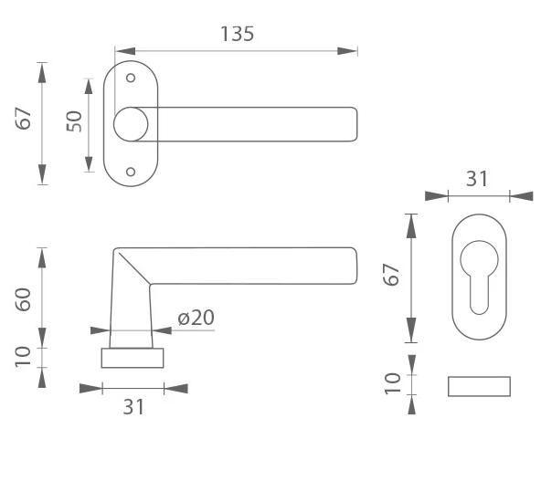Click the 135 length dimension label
pyautogui.click(x=237, y=34)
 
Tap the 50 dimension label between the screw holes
pyautogui.click(x=74, y=121)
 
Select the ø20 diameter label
pyautogui.click(x=196, y=318)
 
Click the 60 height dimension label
pyautogui.click(x=23, y=299)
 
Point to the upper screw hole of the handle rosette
pyautogui.click(x=131, y=78)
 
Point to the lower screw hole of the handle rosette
pyautogui.click(x=131, y=172)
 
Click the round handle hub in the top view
pyautogui.click(x=131, y=124)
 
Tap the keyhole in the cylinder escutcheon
pyautogui.click(x=479, y=277)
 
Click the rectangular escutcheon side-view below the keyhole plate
pyautogui.click(x=479, y=387)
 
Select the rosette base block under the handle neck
pyautogui.click(x=133, y=358)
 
